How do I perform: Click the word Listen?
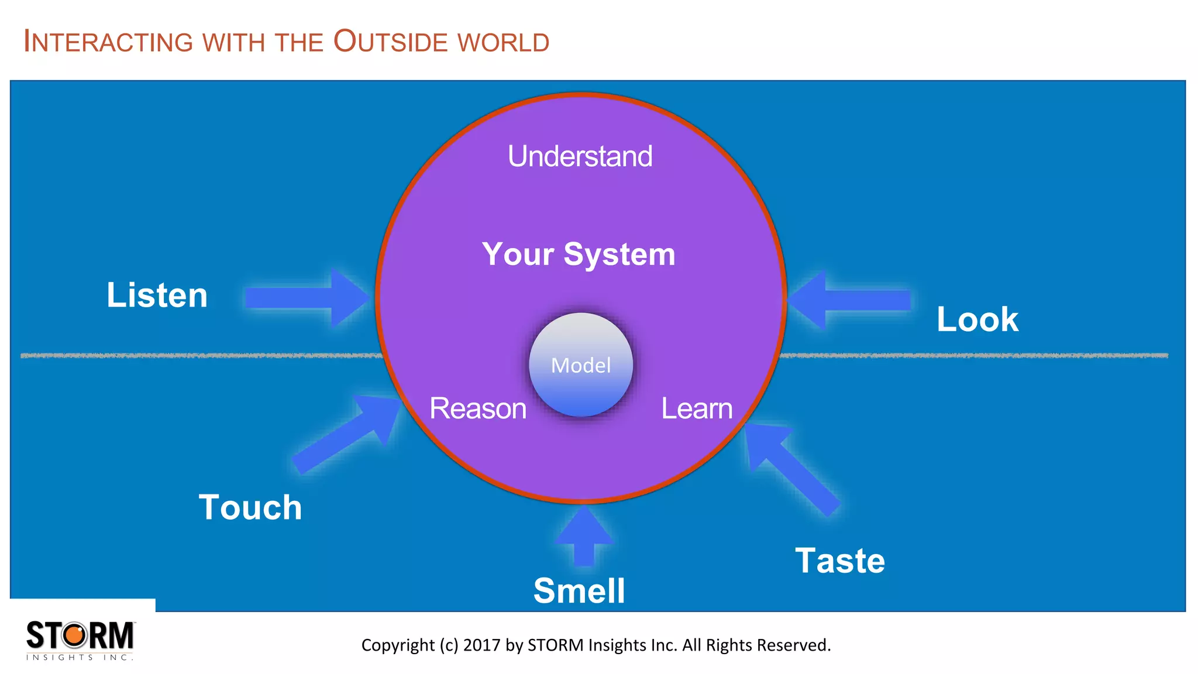point(157,295)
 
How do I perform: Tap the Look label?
point(977,319)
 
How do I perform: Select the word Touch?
point(250,507)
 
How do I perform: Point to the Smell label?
point(579,590)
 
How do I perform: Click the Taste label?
point(840,560)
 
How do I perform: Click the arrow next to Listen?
point(307,297)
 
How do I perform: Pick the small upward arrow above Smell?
point(584,535)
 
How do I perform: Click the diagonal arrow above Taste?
point(790,465)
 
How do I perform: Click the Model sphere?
point(581,365)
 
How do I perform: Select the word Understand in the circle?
point(580,156)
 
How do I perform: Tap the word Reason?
point(478,408)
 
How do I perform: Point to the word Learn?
point(697,408)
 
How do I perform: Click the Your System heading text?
point(579,255)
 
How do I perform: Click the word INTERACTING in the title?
point(108,42)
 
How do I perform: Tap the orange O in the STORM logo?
point(74,635)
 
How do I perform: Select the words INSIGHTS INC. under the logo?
point(80,658)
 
